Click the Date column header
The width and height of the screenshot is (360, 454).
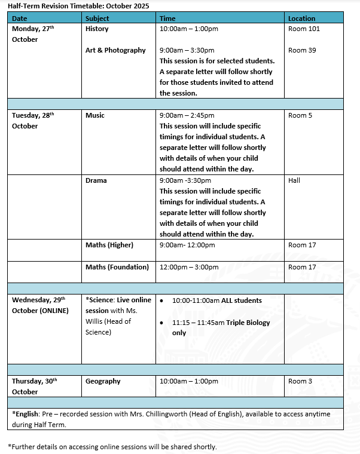click(19, 19)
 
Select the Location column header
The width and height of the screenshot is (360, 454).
click(301, 19)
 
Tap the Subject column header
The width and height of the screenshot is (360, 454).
click(97, 19)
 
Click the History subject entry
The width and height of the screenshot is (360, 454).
click(97, 29)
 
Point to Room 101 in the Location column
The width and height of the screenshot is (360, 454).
click(304, 29)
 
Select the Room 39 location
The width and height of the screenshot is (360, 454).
click(302, 50)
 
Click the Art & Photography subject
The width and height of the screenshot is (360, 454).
click(115, 50)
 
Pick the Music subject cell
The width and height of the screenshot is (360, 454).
click(95, 115)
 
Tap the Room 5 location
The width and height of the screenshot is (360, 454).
click(300, 115)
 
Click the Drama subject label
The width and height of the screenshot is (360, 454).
click(96, 180)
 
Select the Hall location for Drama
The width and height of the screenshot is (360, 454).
click(294, 180)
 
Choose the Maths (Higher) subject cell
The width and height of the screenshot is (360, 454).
click(109, 245)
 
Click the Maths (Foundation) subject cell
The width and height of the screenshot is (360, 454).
click(117, 267)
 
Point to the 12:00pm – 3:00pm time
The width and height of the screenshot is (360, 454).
click(187, 267)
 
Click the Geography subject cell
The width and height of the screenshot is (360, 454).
click(103, 381)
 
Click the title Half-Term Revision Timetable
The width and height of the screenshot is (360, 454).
click(78, 6)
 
